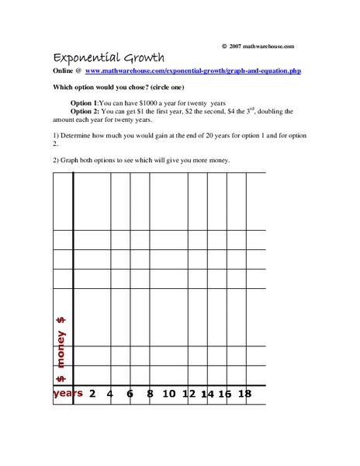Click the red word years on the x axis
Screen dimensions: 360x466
pyautogui.click(x=67, y=393)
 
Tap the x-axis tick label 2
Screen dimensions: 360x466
pyautogui.click(x=92, y=393)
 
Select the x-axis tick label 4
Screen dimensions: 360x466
pyautogui.click(x=110, y=393)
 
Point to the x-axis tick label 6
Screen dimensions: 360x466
pyautogui.click(x=130, y=393)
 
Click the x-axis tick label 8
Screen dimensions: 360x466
pyautogui.click(x=150, y=393)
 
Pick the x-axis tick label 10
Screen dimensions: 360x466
pyautogui.click(x=169, y=393)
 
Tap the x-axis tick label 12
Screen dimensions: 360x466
pyautogui.click(x=189, y=393)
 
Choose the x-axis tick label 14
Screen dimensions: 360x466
pyautogui.click(x=206, y=394)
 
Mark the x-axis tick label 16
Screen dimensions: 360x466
pyautogui.click(x=224, y=394)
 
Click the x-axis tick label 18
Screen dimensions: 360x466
pyautogui.click(x=244, y=393)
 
